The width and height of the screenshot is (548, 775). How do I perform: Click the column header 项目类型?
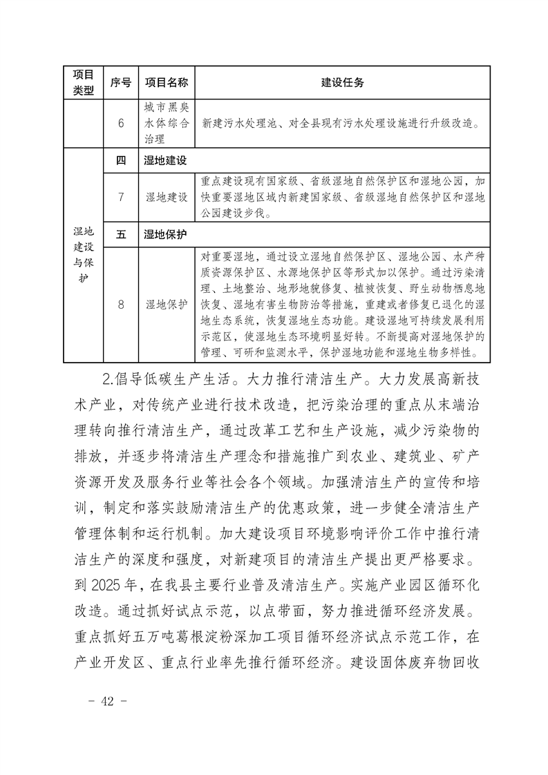point(83,83)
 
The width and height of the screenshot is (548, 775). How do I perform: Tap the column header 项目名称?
point(166,83)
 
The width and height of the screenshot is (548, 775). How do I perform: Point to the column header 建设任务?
point(343,83)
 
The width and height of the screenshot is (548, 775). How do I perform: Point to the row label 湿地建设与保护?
point(83,256)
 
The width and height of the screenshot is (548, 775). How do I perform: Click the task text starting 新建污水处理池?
point(341,125)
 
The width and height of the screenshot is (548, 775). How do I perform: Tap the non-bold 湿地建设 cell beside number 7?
point(166,198)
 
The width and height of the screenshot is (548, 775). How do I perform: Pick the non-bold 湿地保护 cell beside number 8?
point(166,305)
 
